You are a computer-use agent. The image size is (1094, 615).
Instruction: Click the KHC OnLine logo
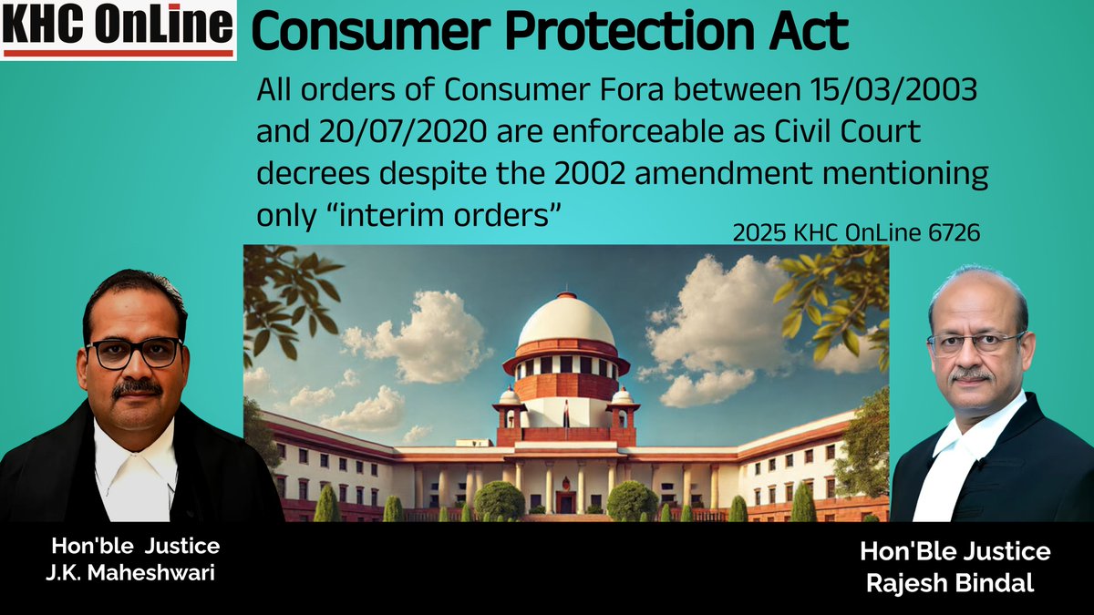click(119, 29)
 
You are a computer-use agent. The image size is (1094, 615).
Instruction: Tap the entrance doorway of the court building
click(566, 499)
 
